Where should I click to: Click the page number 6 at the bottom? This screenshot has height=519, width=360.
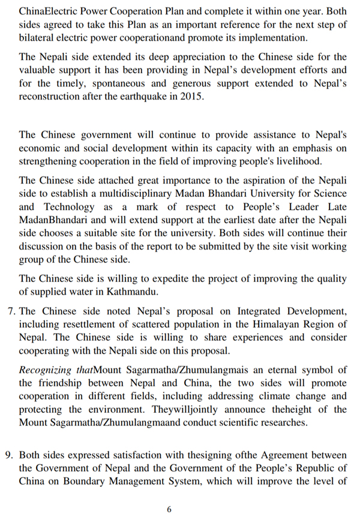coord(169,509)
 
